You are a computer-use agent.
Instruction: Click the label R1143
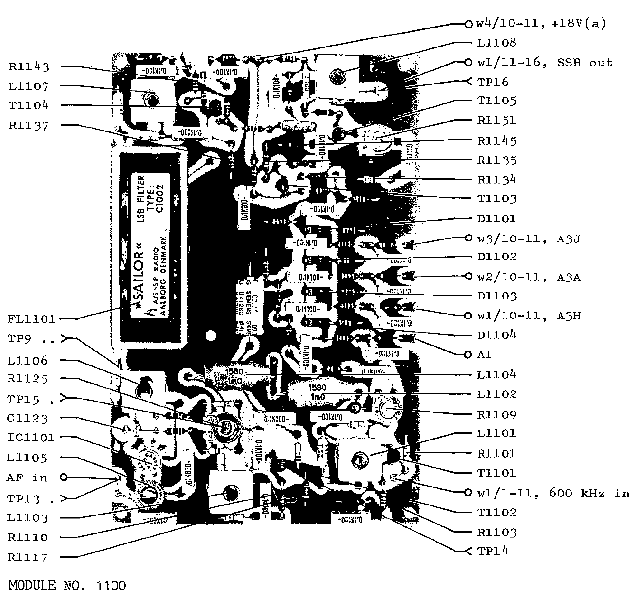pos(29,66)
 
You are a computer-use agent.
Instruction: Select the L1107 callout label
pos(28,86)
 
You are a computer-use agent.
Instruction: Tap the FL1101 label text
pos(31,318)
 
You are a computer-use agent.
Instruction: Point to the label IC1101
pos(31,438)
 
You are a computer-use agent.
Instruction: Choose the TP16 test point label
pos(493,82)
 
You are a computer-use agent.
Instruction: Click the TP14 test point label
pos(493,551)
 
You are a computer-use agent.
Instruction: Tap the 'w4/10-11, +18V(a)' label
pos(542,23)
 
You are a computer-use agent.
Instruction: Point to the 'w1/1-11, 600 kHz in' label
pos(553,493)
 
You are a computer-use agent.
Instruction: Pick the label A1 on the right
pos(485,355)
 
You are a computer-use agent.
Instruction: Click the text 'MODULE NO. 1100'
pos(67,586)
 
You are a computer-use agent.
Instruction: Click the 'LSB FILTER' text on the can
pos(141,199)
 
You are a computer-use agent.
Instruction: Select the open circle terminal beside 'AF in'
pos(64,477)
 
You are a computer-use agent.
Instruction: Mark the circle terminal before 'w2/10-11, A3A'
pos(468,276)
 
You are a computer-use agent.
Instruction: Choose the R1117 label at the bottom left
pos(28,557)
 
